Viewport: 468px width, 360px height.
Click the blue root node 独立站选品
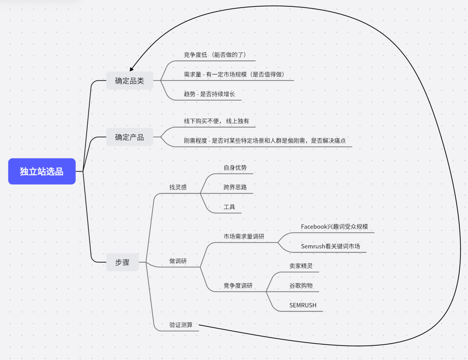tap(42, 171)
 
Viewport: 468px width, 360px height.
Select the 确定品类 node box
tap(129, 81)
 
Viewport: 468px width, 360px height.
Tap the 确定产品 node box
tap(129, 137)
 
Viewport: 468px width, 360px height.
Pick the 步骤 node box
tap(122, 262)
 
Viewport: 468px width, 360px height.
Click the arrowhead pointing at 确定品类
tap(131, 69)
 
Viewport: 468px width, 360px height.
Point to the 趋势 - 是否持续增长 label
tap(209, 94)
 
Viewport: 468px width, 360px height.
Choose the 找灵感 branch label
tap(178, 187)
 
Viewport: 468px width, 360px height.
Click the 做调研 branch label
tap(178, 261)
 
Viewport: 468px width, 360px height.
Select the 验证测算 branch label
tap(181, 325)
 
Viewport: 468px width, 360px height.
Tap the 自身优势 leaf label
tap(235, 168)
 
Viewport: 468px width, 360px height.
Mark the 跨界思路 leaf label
tap(235, 187)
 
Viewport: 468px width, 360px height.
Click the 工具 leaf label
tap(229, 207)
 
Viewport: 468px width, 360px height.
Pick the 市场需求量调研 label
tap(244, 237)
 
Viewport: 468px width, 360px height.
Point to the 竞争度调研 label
tap(238, 286)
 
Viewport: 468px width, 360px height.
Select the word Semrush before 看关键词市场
tap(313, 246)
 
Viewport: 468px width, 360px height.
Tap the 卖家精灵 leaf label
tap(301, 266)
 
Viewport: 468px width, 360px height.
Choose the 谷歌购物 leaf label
tap(301, 286)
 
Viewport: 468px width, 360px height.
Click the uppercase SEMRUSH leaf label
tap(303, 305)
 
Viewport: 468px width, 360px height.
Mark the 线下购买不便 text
tap(201, 121)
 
